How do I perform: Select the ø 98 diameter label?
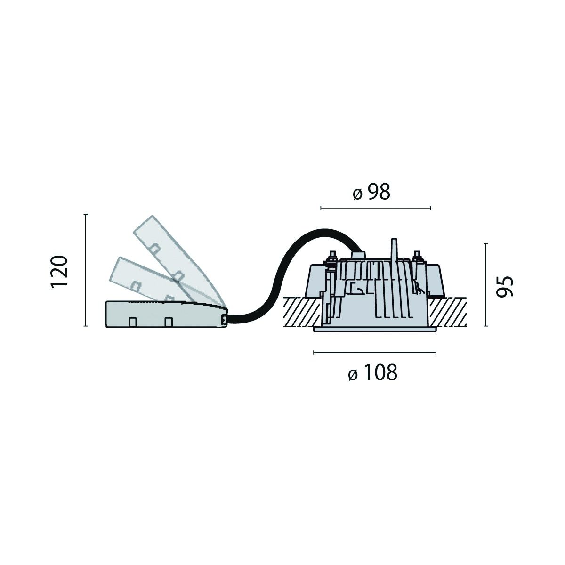(372, 193)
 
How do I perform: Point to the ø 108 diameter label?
(373, 373)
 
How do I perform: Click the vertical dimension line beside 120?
(85, 270)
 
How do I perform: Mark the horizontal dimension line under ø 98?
(375, 208)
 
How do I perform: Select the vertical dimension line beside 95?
(485, 285)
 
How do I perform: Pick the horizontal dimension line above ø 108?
(375, 352)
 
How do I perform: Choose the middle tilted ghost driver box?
(141, 278)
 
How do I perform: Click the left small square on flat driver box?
(133, 322)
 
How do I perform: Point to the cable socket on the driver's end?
(224, 320)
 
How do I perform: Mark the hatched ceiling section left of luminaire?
(301, 312)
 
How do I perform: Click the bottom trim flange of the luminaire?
(375, 330)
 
